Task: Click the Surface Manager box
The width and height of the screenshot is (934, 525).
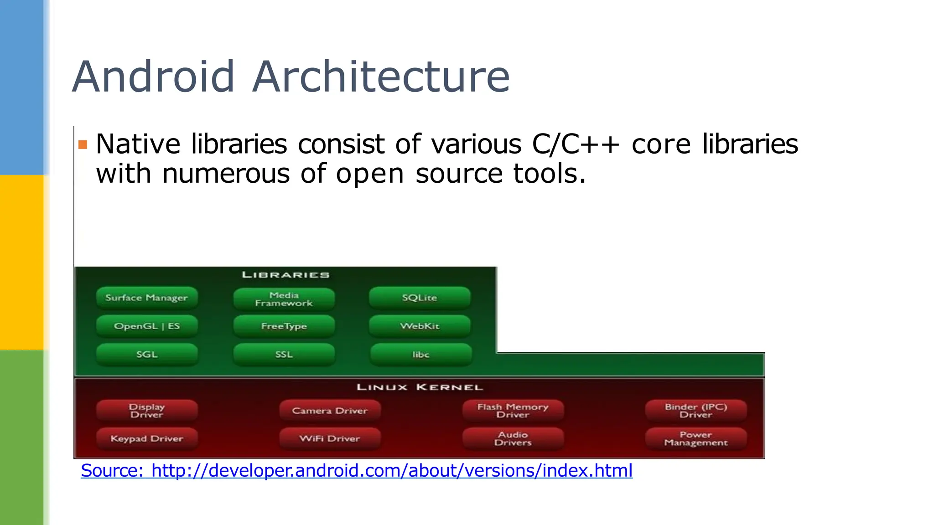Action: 147,298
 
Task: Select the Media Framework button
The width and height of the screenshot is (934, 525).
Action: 284,299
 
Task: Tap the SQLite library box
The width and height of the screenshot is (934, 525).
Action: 420,298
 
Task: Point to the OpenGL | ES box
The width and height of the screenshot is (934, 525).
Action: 147,326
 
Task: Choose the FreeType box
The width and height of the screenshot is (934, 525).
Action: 284,326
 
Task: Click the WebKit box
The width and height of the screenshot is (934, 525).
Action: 420,326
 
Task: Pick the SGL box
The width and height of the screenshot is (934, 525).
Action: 147,355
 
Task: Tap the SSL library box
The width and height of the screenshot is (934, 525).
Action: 284,355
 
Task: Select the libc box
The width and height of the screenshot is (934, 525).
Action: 420,355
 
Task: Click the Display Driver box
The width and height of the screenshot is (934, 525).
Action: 147,411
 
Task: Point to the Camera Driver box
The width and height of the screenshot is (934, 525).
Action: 330,411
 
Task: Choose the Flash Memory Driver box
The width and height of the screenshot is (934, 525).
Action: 513,411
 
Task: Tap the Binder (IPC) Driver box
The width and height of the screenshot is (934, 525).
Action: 696,411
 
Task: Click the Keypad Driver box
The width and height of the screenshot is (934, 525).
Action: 147,438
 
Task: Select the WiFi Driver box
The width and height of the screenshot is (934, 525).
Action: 330,438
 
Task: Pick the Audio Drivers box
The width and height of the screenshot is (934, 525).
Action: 513,438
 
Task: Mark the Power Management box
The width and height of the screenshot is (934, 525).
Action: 696,438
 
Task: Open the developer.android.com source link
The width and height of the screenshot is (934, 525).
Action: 357,470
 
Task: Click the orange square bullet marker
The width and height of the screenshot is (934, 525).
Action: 83,145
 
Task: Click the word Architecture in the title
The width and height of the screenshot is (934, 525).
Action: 381,77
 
